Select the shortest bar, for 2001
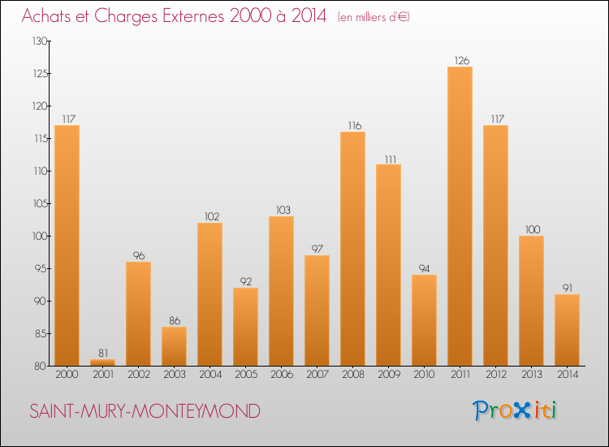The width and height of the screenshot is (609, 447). [102, 362]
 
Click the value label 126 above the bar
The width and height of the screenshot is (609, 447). [460, 60]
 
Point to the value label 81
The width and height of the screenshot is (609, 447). [102, 353]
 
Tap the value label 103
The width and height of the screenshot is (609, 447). [281, 210]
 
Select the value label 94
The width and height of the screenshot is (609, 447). [424, 268]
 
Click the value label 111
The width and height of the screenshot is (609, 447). [388, 158]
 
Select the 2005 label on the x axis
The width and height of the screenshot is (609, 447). [245, 375]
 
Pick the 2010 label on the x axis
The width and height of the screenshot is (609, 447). [424, 375]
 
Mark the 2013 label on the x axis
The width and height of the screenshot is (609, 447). [531, 375]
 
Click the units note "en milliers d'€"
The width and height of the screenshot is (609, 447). [373, 17]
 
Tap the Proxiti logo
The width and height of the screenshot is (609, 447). [516, 410]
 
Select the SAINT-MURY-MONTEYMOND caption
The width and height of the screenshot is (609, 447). [145, 411]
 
